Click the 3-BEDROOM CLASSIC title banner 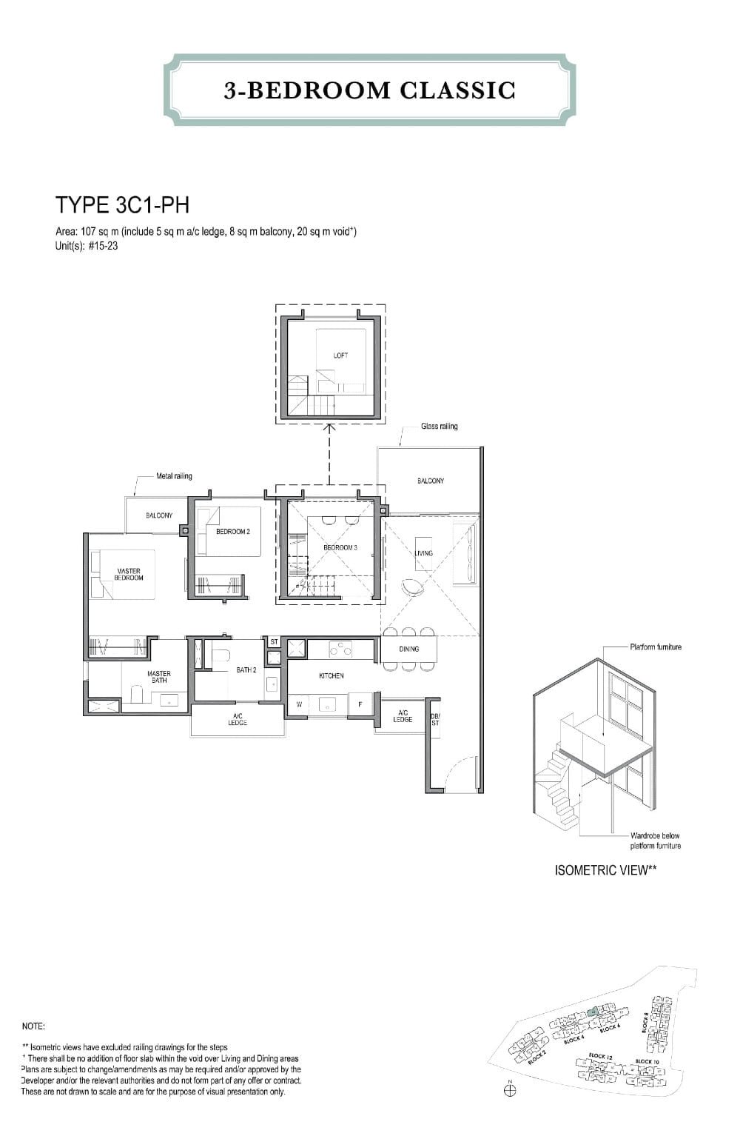pyautogui.click(x=369, y=90)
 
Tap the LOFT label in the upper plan pyautogui.click(x=340, y=355)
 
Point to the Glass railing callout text pyautogui.click(x=439, y=427)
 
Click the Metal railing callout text pyautogui.click(x=174, y=476)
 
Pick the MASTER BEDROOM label pyautogui.click(x=129, y=575)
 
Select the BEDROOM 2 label pyautogui.click(x=232, y=532)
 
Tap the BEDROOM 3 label pyautogui.click(x=340, y=547)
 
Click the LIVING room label pyautogui.click(x=424, y=553)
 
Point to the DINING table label pyautogui.click(x=408, y=649)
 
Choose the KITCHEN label pyautogui.click(x=331, y=676)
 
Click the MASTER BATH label pyautogui.click(x=158, y=677)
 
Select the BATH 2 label pyautogui.click(x=246, y=670)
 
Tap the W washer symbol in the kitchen pyautogui.click(x=299, y=704)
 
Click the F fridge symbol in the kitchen pyautogui.click(x=360, y=704)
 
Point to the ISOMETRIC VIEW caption pyautogui.click(x=605, y=870)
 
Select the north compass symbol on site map pyautogui.click(x=509, y=1089)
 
